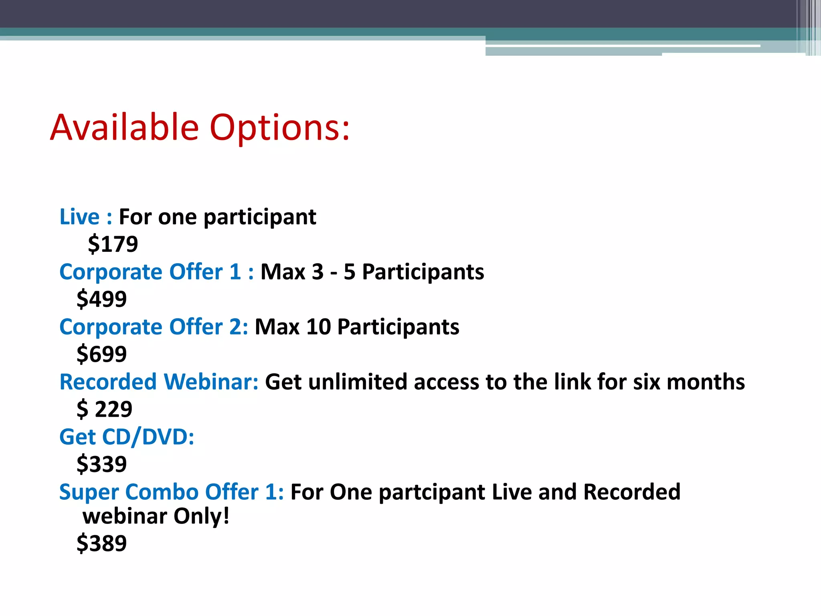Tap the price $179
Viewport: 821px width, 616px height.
click(x=113, y=244)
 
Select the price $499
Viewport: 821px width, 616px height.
click(x=102, y=299)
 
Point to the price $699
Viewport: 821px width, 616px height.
click(x=102, y=354)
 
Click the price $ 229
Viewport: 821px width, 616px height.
click(x=104, y=409)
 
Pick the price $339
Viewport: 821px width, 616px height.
click(x=102, y=464)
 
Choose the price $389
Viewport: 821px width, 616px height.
click(x=102, y=543)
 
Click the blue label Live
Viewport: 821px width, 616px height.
click(x=79, y=217)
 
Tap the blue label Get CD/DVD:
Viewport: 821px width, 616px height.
click(x=127, y=437)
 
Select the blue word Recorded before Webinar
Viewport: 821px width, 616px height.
click(x=108, y=382)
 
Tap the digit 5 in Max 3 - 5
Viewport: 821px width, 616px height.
click(x=350, y=272)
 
